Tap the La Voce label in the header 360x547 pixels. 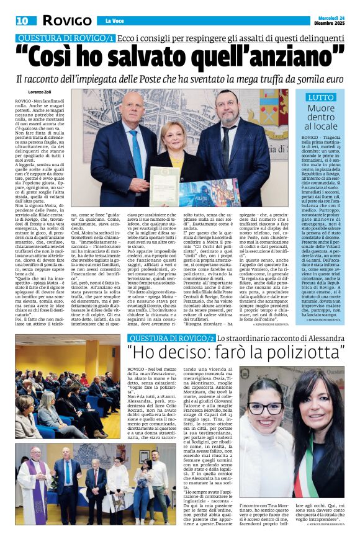click(x=115, y=21)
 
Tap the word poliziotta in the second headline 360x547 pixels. click(x=302, y=354)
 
